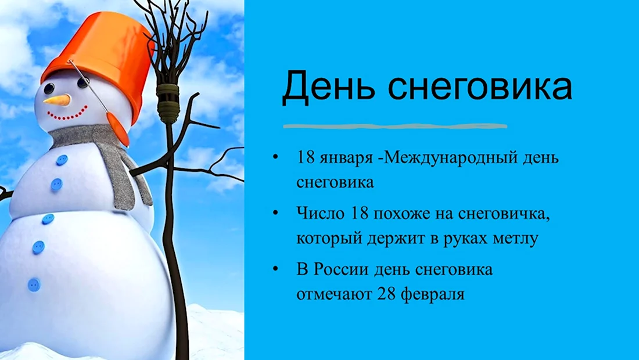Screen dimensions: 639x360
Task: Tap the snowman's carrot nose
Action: point(57,100)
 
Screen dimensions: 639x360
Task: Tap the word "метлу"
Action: point(516,238)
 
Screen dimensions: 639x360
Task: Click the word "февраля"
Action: point(433,294)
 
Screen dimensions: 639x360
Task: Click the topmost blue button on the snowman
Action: point(62,160)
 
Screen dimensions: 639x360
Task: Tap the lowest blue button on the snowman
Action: point(34,285)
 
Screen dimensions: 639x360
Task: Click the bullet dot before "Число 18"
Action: point(276,213)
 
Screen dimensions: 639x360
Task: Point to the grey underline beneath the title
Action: point(395,126)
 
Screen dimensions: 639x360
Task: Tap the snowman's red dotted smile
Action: point(67,114)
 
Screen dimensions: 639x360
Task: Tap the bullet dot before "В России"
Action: point(276,268)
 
